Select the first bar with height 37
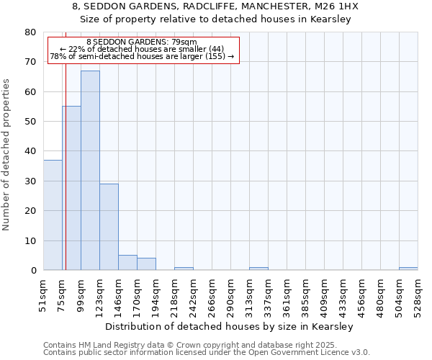click(x=53, y=215)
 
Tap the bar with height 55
click(x=71, y=188)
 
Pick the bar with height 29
click(x=109, y=227)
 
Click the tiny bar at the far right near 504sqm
click(x=408, y=269)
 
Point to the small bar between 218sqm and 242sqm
click(x=184, y=269)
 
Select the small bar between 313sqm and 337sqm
click(x=258, y=269)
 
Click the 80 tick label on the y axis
click(x=30, y=32)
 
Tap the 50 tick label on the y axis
click(x=30, y=122)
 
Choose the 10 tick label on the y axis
click(x=30, y=240)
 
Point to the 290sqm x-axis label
click(x=231, y=295)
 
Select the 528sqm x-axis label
click(x=418, y=295)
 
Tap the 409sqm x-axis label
click(x=325, y=295)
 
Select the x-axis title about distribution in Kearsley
click(x=234, y=326)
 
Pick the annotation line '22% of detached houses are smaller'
click(x=141, y=49)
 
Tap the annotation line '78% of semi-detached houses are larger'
click(x=141, y=56)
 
